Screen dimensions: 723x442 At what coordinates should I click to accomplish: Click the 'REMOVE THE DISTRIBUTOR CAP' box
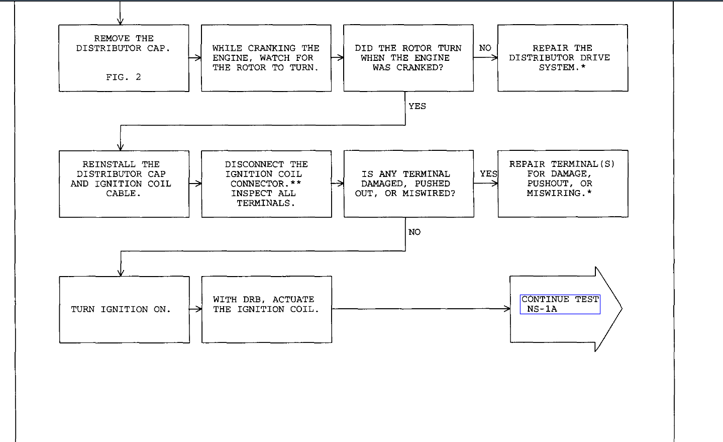[x=124, y=58]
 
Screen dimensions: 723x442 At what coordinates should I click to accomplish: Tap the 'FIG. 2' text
[x=123, y=77]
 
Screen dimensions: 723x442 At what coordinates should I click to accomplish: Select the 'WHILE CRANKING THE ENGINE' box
[x=266, y=58]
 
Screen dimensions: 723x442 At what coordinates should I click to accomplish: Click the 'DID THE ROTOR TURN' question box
[x=408, y=58]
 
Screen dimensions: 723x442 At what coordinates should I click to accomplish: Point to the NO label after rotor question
[x=485, y=48]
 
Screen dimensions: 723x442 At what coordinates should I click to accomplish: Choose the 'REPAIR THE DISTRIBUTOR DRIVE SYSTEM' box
[x=562, y=58]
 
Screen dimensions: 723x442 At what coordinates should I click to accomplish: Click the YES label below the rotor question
[x=417, y=106]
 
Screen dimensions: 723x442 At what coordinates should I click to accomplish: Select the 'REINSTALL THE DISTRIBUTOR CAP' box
[x=124, y=184]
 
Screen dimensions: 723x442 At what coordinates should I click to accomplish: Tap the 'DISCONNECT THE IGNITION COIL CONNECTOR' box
[x=266, y=184]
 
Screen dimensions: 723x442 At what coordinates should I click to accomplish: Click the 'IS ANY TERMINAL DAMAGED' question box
[x=408, y=184]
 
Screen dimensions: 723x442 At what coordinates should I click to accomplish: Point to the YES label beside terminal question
[x=488, y=174]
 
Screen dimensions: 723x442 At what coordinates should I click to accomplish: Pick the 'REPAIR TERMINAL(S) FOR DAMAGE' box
[x=562, y=184]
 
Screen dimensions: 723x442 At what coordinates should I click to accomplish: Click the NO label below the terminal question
[x=415, y=232]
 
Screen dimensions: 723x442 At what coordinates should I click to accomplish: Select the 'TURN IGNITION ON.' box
[x=124, y=309]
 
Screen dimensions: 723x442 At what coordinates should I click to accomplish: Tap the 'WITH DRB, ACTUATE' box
[x=266, y=309]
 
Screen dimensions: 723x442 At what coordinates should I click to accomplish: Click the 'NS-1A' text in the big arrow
[x=542, y=309]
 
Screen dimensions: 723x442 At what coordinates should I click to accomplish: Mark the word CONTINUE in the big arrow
[x=545, y=299]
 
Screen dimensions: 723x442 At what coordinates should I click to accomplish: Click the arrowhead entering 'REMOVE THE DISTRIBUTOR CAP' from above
[x=120, y=22]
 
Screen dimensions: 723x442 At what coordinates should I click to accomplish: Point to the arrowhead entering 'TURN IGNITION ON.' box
[x=121, y=273]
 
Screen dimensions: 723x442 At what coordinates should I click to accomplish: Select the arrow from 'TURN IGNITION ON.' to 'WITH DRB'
[x=195, y=309]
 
